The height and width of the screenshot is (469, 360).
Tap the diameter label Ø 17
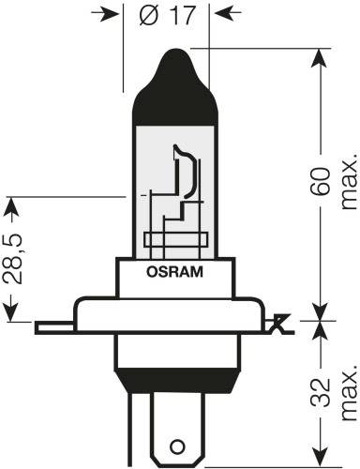(174, 15)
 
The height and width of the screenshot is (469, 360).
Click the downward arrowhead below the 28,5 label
(12, 315)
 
